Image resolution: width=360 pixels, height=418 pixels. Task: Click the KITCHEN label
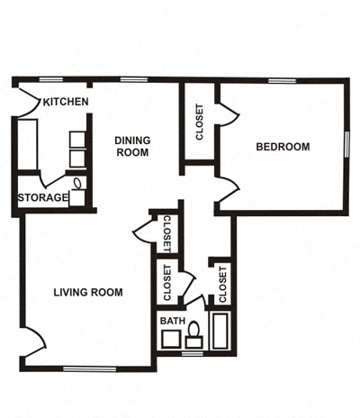tap(66, 102)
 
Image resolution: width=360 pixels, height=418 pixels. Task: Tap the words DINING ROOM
tap(132, 146)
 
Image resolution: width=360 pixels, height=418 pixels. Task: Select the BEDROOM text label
tap(283, 147)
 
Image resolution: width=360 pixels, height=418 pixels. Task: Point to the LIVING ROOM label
tap(87, 292)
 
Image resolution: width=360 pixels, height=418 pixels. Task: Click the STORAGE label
tap(42, 198)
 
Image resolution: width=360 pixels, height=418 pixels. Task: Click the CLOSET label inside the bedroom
tap(199, 123)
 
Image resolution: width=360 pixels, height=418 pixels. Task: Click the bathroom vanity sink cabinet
tap(168, 339)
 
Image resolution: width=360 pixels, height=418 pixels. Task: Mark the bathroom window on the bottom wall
tap(192, 353)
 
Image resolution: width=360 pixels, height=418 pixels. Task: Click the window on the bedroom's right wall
tap(346, 143)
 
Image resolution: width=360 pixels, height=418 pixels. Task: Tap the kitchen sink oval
tap(78, 184)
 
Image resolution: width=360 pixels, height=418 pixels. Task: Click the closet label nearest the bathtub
tap(221, 283)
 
